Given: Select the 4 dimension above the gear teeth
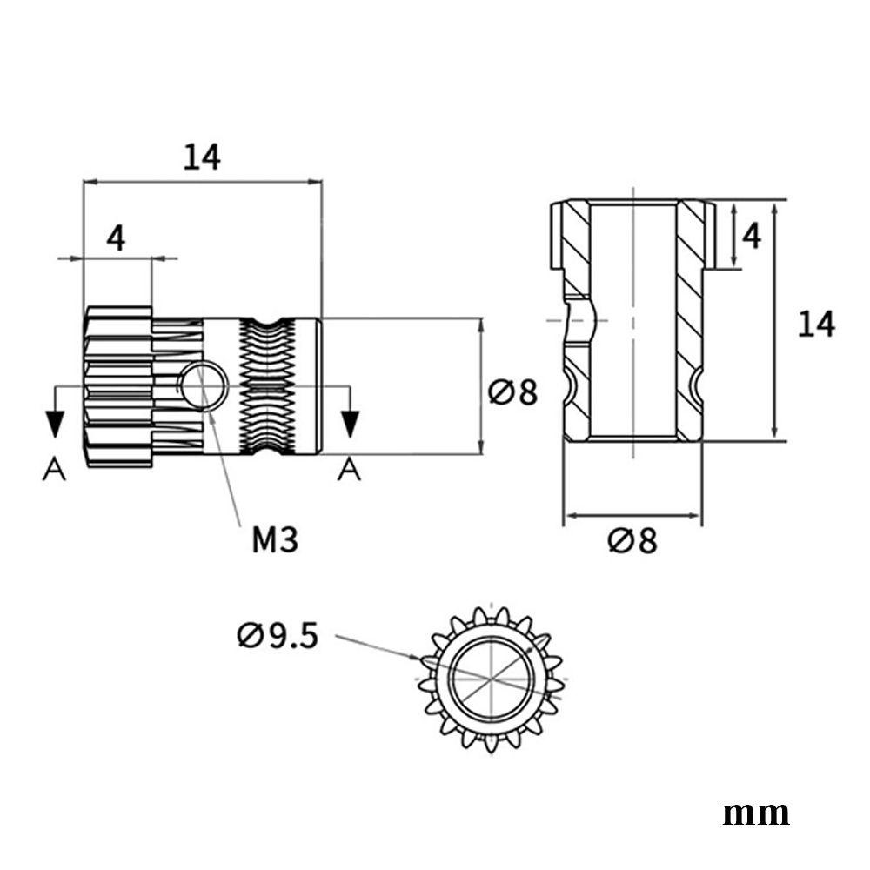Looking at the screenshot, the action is pos(116,239).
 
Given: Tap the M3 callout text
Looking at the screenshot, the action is pos(275,539).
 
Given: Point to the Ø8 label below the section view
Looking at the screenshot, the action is pos(632,540).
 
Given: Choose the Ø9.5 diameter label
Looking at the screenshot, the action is pos(278,636).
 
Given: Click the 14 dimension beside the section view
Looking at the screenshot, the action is pos(816,324).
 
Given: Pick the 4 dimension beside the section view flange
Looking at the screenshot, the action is pos(752,237).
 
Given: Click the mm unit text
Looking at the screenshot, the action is pos(756,814).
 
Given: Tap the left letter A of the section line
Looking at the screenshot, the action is pos(54,469).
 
